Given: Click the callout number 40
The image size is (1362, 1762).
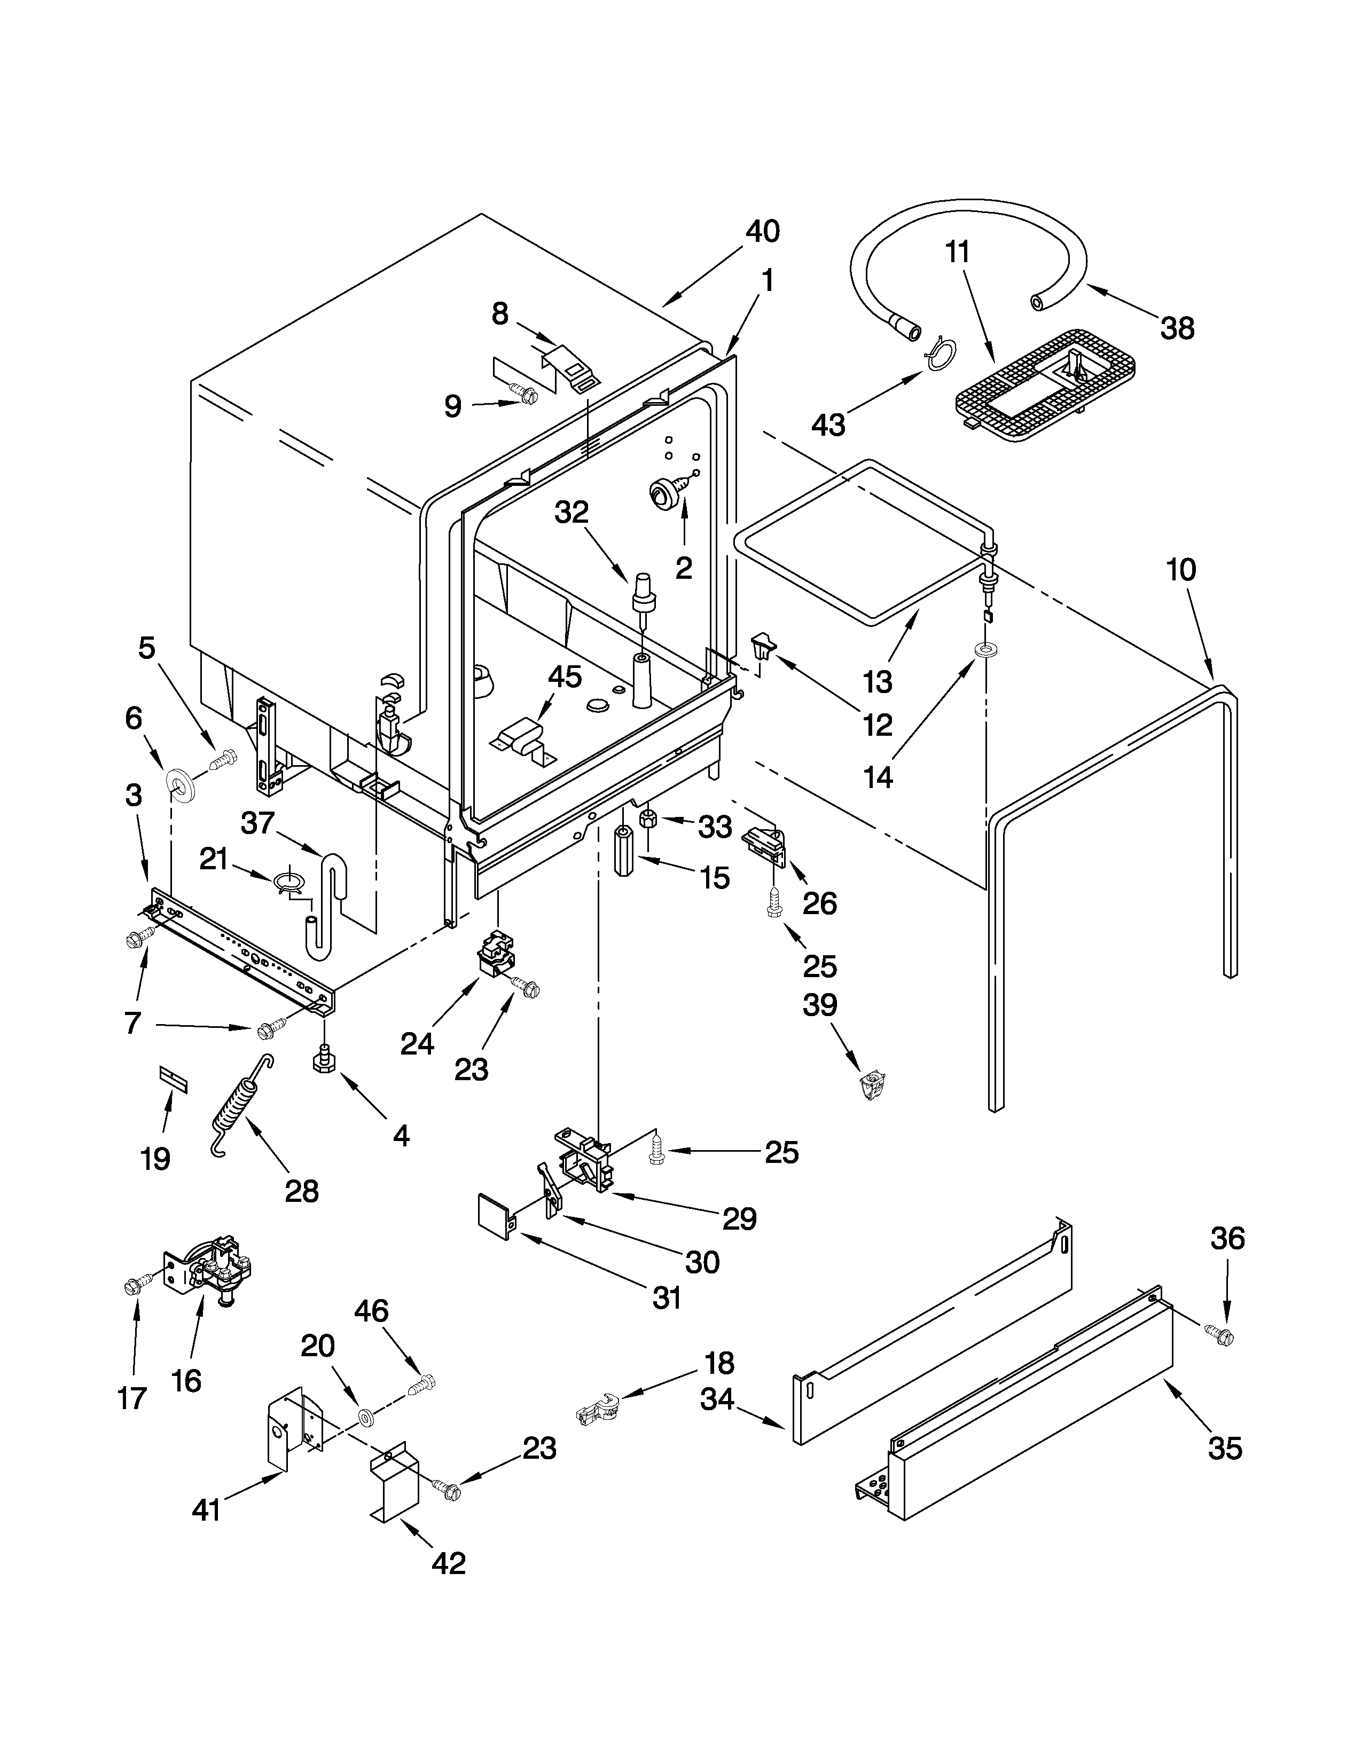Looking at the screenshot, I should pos(762,232).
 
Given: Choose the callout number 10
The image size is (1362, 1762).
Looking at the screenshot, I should pos(1181,570).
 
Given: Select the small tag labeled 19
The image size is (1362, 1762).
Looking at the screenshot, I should pos(173,1079).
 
